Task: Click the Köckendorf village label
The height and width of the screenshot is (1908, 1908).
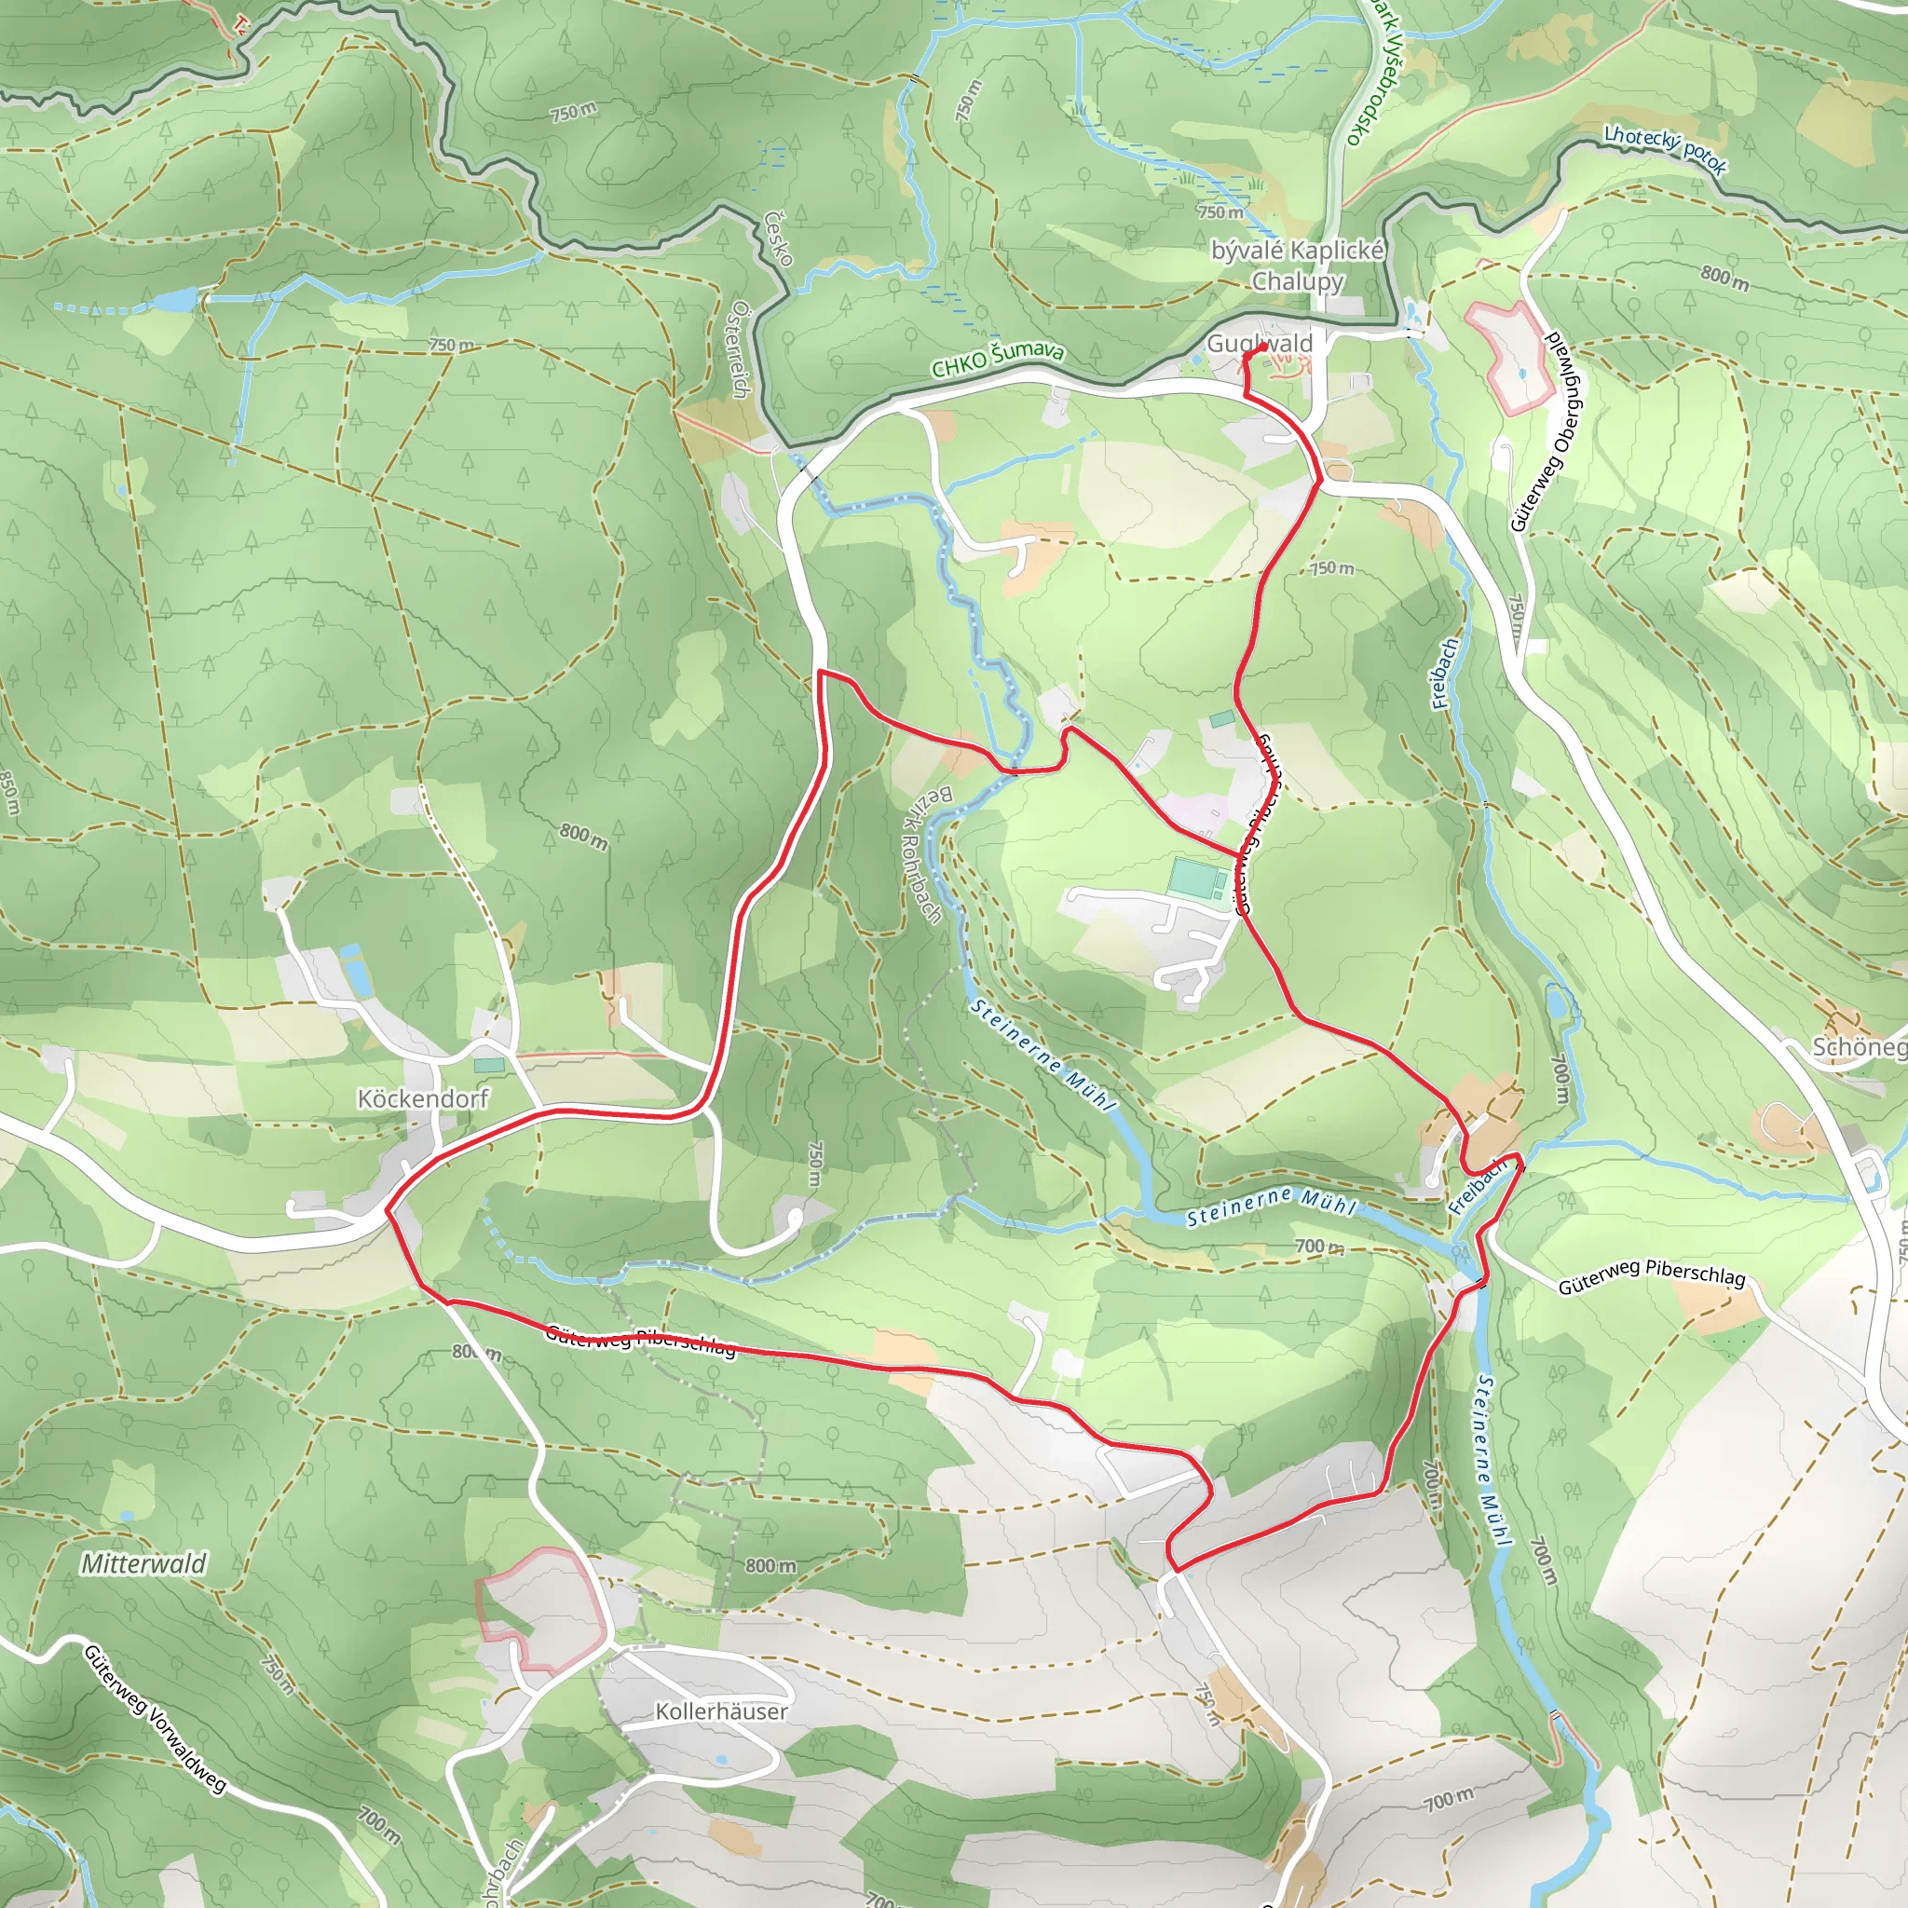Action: click(x=423, y=1098)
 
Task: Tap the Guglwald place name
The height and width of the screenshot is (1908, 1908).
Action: click(x=1261, y=343)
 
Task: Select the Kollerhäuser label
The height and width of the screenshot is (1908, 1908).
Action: click(x=722, y=1710)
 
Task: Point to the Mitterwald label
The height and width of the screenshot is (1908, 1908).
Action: click(x=144, y=1562)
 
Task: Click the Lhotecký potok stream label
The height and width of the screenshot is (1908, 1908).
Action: click(x=1665, y=149)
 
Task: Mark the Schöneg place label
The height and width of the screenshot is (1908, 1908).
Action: click(x=1857, y=1047)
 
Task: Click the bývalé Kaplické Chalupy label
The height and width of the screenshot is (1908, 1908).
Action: click(x=1298, y=265)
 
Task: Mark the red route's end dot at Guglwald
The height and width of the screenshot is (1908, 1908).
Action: click(x=1263, y=348)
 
